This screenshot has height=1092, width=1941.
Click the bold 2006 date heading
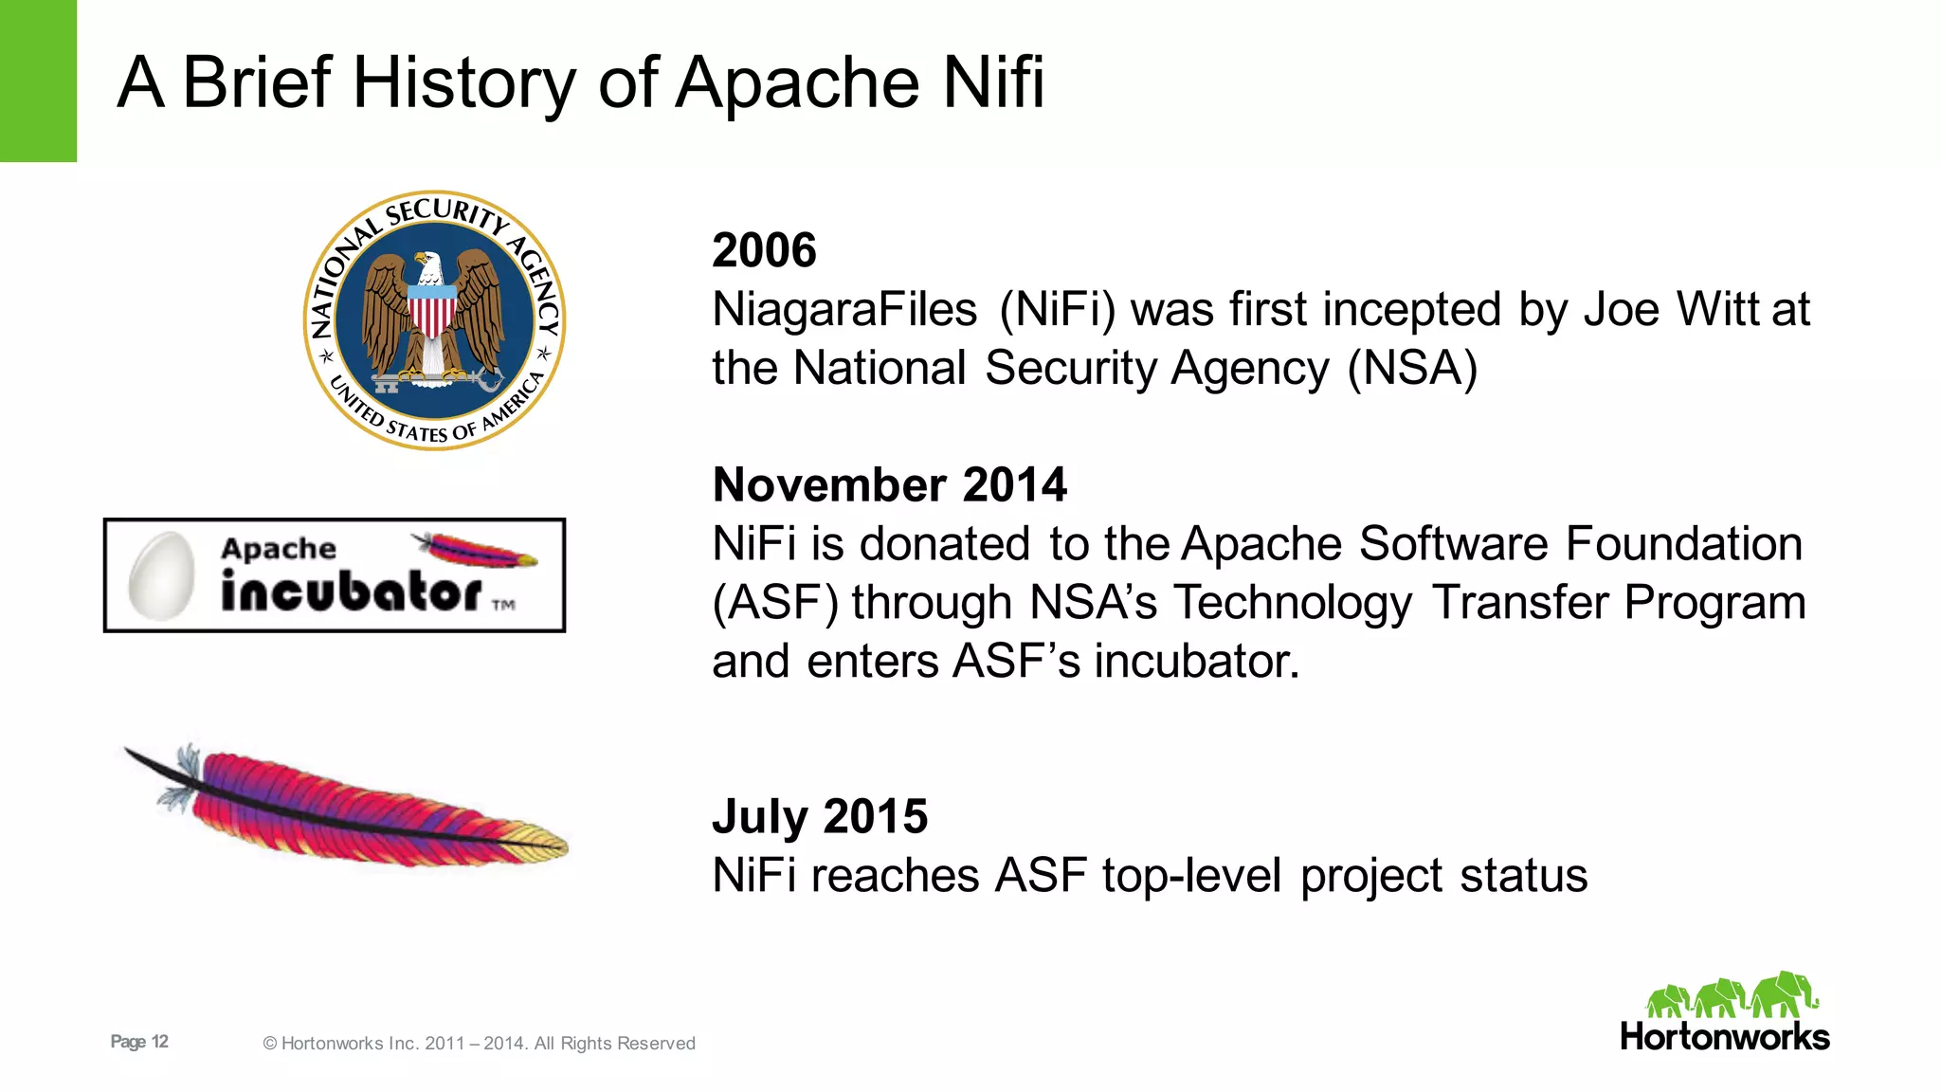pos(764,250)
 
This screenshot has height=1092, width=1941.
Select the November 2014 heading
pos(889,485)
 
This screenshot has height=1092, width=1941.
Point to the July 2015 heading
pos(820,816)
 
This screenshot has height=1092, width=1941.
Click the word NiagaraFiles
pos(844,310)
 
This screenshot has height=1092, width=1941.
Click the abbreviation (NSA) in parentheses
pos(1412,369)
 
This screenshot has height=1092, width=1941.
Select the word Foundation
pos(1683,544)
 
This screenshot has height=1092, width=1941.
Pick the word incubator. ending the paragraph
pos(1196,662)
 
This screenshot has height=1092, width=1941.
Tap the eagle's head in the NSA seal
pos(428,264)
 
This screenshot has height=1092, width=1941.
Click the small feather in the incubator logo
pos(474,550)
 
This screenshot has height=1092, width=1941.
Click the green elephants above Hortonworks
pos(1731,995)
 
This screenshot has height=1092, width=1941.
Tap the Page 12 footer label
pos(139,1042)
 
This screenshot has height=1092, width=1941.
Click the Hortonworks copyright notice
pos(479,1044)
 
